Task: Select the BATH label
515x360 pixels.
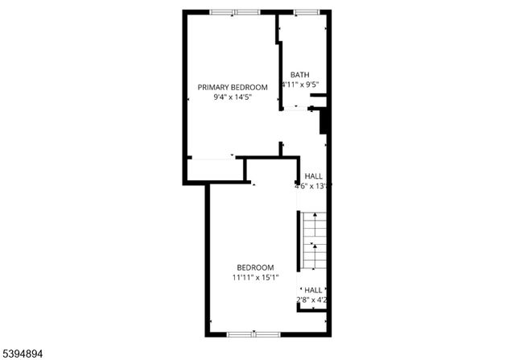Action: pos(299,75)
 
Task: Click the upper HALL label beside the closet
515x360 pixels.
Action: pos(313,176)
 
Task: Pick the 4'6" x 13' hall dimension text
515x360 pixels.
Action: pos(313,186)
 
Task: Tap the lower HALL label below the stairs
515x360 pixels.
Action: pos(313,290)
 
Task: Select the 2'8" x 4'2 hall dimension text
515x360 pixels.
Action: pos(313,300)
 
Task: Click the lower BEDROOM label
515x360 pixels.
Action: pos(255,268)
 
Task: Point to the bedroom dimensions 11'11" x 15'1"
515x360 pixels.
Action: pos(255,279)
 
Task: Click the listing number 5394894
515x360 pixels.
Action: pos(24,352)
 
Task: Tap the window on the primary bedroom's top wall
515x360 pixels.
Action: pos(235,12)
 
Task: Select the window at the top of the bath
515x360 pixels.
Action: pos(306,12)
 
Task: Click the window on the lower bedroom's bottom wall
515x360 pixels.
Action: pos(253,333)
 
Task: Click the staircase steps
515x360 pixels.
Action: pos(315,242)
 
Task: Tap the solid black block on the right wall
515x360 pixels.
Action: pos(324,121)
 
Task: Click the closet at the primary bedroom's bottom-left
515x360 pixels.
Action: pos(215,170)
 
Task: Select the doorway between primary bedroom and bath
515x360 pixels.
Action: pos(298,110)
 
